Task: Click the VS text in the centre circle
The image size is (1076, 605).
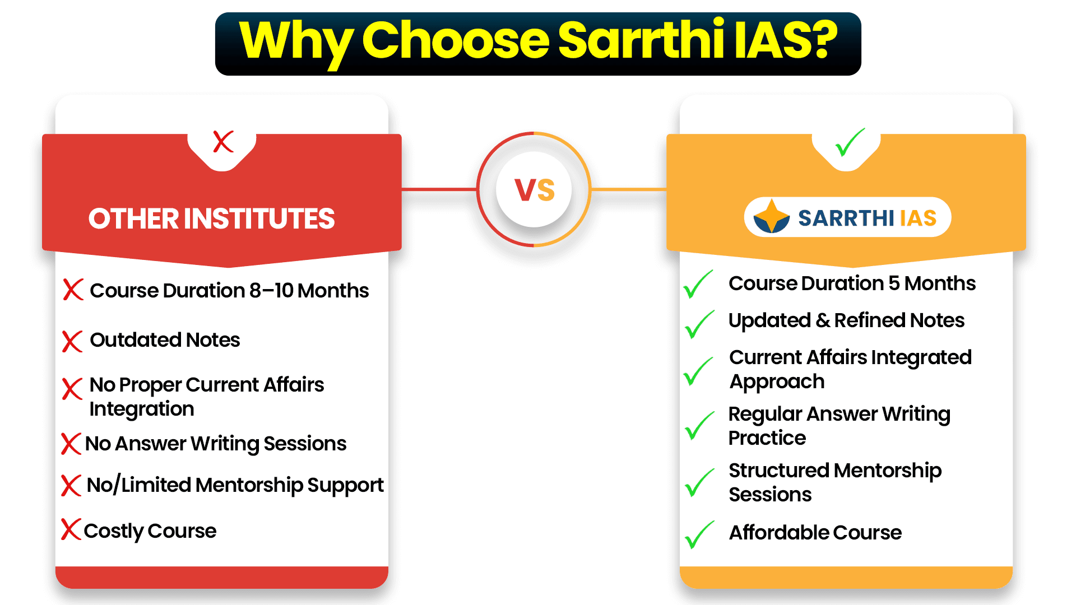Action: click(535, 190)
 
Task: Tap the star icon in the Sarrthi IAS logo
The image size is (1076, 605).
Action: click(772, 216)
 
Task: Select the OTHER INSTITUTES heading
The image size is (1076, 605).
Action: click(211, 218)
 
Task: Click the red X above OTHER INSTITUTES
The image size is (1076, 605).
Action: click(223, 142)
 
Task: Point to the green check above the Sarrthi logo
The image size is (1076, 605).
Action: click(850, 142)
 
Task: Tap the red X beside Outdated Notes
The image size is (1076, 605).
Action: click(72, 341)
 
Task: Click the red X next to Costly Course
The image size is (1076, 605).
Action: click(71, 529)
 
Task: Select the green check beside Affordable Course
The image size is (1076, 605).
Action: click(699, 535)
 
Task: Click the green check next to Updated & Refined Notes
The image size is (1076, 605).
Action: click(699, 324)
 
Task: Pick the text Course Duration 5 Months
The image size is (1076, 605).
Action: click(852, 283)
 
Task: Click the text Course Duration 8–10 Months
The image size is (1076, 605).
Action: click(229, 291)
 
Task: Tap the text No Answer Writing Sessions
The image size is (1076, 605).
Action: click(216, 444)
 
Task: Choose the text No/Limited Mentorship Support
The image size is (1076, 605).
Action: click(235, 485)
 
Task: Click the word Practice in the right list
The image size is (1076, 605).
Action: click(767, 438)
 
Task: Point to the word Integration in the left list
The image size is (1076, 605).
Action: click(142, 409)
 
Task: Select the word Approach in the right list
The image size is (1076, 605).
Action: click(777, 382)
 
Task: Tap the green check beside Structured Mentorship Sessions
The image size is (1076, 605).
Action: click(699, 483)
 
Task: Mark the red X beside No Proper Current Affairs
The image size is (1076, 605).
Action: click(72, 388)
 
